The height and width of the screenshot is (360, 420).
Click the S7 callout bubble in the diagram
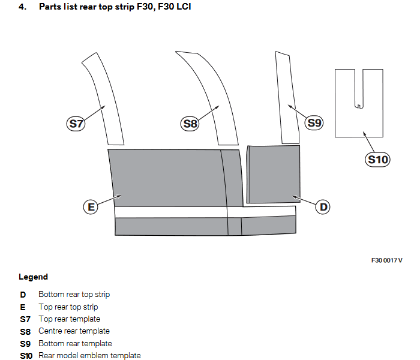[x=75, y=124]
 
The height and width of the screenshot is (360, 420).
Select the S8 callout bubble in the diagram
[x=190, y=124]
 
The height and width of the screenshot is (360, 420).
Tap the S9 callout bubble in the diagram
[x=314, y=123]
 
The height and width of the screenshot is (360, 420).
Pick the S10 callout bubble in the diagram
[x=378, y=160]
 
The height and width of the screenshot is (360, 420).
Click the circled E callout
[x=91, y=207]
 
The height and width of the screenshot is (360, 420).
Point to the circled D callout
[x=323, y=207]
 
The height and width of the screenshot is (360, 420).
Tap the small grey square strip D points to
[x=274, y=173]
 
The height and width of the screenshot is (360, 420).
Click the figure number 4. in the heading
[x=22, y=7]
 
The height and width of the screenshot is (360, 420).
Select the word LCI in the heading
[x=184, y=7]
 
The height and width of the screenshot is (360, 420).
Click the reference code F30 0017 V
[x=386, y=260]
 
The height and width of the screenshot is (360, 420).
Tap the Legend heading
[x=33, y=277]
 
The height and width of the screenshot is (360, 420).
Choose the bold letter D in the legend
[x=23, y=295]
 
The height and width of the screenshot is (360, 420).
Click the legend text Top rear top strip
[x=68, y=307]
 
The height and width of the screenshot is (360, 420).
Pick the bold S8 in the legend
[x=25, y=331]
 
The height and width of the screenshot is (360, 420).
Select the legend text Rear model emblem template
[x=89, y=356]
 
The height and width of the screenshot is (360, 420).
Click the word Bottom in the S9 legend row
[x=50, y=344]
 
